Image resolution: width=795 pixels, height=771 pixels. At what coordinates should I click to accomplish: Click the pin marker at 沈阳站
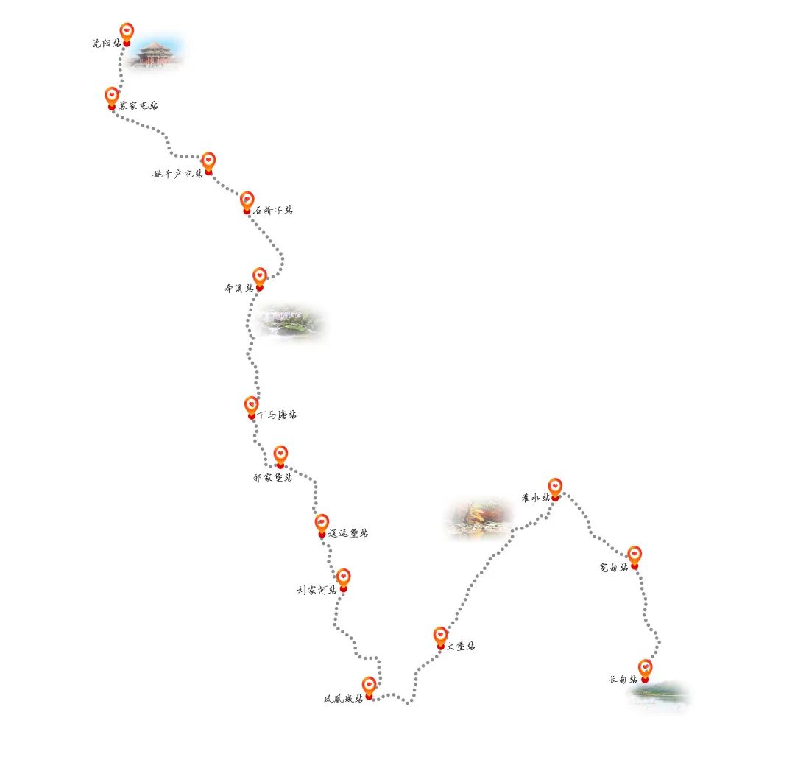tap(127, 33)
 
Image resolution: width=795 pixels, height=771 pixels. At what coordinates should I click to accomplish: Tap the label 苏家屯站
tap(138, 105)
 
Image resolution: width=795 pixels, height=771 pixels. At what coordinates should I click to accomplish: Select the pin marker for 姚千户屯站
tap(208, 162)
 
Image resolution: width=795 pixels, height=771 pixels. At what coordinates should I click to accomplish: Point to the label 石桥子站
tap(273, 210)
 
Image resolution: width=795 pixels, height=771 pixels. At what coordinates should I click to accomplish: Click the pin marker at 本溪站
tap(259, 278)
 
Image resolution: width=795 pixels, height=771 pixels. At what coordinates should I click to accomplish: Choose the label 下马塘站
tap(278, 415)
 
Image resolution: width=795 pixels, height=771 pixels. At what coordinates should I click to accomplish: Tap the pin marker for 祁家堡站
tap(280, 456)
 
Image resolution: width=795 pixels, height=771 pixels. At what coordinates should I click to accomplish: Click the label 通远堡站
tap(348, 533)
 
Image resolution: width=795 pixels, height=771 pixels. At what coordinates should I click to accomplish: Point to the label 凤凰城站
tap(343, 698)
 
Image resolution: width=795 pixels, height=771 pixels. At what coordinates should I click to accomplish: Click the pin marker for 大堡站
tap(440, 637)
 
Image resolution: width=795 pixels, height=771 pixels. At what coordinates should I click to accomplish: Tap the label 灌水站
tap(535, 498)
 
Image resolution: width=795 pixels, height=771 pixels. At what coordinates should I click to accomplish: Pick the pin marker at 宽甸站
tap(635, 556)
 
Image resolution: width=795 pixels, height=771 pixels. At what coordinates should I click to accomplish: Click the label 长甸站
tap(623, 680)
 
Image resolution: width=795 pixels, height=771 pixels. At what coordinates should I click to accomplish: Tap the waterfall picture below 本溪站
tap(291, 323)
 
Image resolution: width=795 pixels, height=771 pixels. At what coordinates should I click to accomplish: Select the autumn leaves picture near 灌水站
tap(479, 518)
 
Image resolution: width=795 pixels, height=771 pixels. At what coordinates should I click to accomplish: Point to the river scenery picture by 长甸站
tap(661, 695)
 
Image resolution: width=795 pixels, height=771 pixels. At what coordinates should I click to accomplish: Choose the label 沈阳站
tap(106, 43)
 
